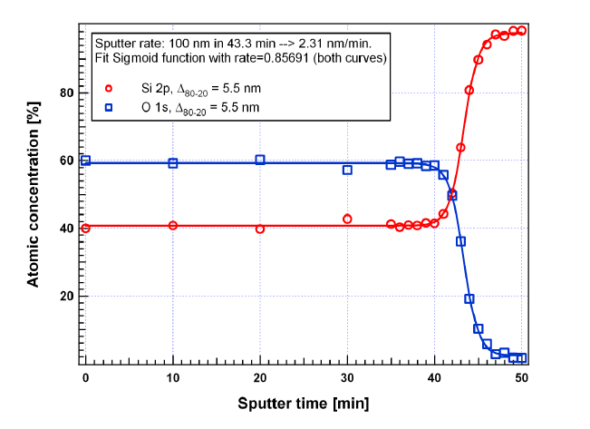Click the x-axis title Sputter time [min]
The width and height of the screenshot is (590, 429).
pos(304,403)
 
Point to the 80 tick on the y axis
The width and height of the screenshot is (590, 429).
pos(66,93)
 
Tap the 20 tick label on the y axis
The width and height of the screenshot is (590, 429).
pos(66,297)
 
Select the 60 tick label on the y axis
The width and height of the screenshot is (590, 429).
pos(66,161)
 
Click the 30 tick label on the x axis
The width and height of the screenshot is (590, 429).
pos(347,377)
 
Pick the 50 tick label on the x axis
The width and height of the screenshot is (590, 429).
pos(522,377)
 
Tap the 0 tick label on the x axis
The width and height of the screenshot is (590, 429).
pos(85,377)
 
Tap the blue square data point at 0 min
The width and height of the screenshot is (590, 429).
pos(85,161)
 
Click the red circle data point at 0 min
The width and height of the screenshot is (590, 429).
pos(85,228)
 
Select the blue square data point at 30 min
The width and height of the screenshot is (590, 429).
pos(347,170)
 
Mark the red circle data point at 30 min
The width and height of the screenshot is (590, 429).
pos(347,219)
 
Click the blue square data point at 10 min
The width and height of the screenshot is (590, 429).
pos(173,163)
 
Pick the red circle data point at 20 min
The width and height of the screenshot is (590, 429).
pos(260,229)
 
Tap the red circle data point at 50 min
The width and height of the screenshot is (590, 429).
pos(522,30)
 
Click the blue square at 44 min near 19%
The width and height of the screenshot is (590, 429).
pos(469,298)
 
